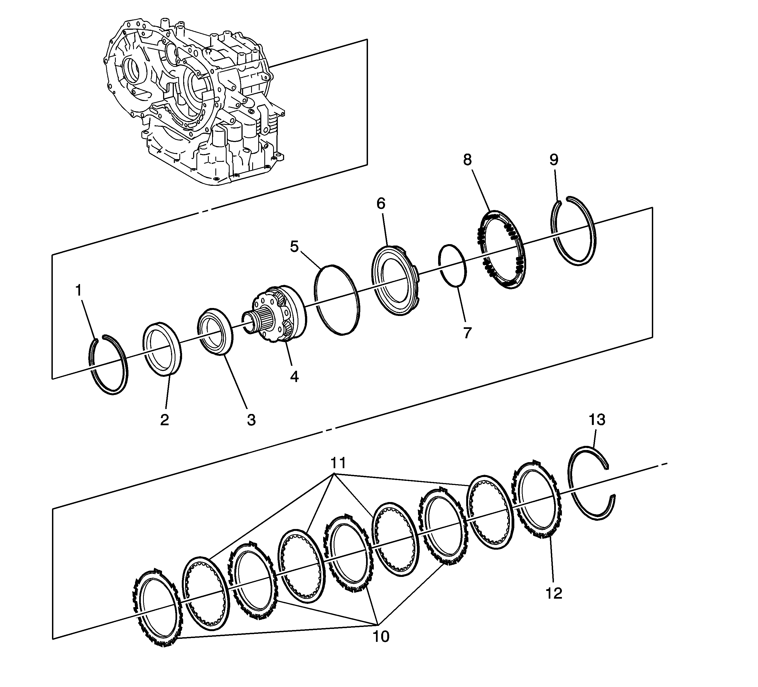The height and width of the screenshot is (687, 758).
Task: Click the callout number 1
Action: (x=79, y=291)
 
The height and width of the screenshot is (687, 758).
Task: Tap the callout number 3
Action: (x=251, y=420)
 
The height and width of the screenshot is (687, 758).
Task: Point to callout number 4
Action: (x=294, y=376)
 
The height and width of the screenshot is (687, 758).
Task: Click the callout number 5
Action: (x=294, y=247)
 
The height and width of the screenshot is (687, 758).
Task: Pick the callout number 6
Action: (x=381, y=204)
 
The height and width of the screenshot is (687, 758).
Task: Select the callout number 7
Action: (x=467, y=333)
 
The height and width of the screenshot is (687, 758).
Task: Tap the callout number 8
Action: (x=467, y=160)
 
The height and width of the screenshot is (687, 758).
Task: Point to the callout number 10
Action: (x=381, y=637)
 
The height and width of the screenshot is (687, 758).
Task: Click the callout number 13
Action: (x=597, y=420)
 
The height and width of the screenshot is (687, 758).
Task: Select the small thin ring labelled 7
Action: (x=453, y=266)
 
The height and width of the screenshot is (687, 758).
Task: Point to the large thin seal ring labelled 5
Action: (x=337, y=299)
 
